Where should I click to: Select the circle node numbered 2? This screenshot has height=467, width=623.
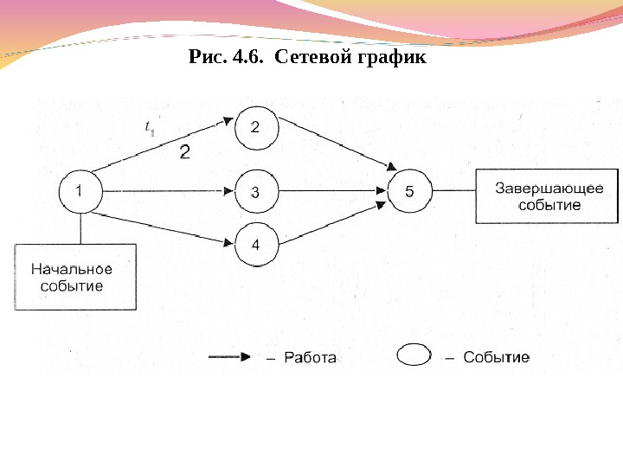[x=254, y=127]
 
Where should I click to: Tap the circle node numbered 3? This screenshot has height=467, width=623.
[x=254, y=192]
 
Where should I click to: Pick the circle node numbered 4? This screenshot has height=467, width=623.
[x=254, y=245]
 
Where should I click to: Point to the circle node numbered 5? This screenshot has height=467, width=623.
[x=408, y=192]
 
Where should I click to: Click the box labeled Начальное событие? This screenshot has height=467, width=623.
[x=74, y=277]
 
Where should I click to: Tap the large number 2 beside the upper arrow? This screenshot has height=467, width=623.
[x=184, y=153]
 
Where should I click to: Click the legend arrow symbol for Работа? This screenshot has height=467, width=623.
[x=230, y=356]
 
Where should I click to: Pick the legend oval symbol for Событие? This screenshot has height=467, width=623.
[x=414, y=356]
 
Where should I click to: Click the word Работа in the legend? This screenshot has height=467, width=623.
[x=309, y=357]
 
